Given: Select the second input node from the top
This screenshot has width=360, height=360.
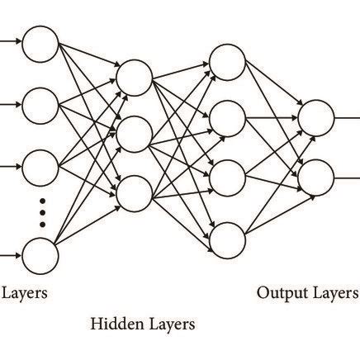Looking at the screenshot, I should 40,105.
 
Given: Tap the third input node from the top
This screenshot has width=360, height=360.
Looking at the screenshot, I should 40,166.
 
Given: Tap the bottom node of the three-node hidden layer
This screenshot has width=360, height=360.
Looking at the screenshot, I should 134,193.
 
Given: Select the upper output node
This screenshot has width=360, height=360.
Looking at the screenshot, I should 315,118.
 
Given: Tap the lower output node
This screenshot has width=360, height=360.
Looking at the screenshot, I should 315,177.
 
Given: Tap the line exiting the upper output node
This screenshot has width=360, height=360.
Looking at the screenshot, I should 346,118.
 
